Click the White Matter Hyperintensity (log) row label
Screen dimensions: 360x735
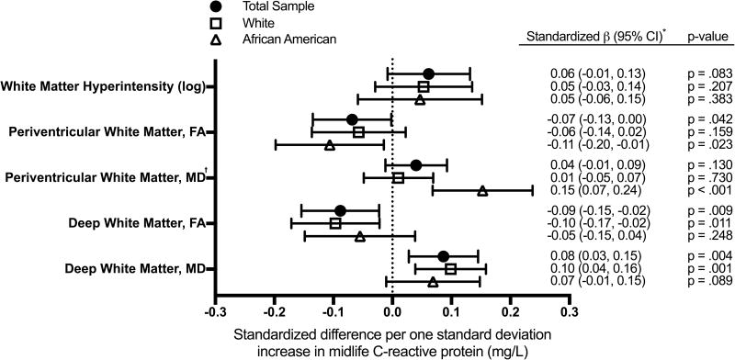point(104,87)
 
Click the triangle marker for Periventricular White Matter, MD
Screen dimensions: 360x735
point(482,191)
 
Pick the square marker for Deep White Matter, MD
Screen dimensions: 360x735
point(450,269)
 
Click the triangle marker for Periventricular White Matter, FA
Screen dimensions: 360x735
point(329,145)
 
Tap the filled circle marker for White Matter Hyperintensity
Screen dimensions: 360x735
point(428,73)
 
